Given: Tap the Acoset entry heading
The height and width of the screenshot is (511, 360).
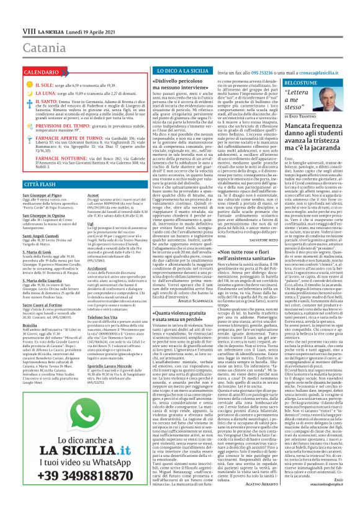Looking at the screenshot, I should coord(79,194).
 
